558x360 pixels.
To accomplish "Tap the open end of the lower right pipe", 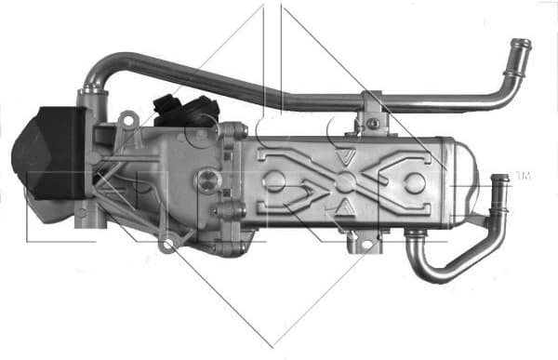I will tap(500, 179).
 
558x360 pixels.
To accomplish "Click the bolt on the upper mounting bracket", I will tap(373, 122).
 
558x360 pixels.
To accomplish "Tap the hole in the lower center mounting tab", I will tap(363, 245).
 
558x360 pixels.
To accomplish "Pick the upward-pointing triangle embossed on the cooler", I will tap(346, 204).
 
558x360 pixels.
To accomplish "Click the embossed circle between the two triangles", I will tap(346, 180).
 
